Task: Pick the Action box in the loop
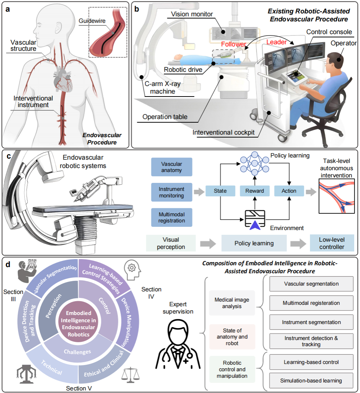(289, 191)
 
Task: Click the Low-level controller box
(332, 243)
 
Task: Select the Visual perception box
(171, 243)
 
